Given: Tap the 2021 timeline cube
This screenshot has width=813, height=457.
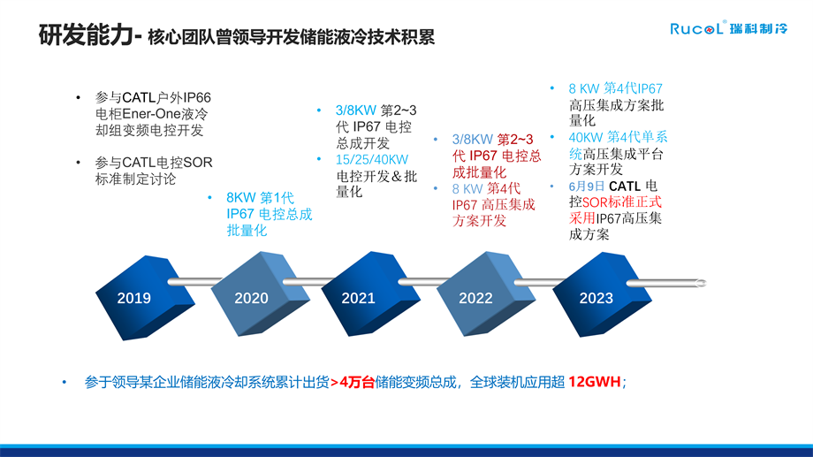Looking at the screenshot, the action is pos(370,294).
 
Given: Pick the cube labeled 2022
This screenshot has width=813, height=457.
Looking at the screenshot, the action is pos(486,294).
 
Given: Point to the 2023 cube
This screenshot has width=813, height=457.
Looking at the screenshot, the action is pos(602,294).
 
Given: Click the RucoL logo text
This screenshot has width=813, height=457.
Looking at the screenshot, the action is pos(696,28).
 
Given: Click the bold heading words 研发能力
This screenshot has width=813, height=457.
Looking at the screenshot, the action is pos(86,35).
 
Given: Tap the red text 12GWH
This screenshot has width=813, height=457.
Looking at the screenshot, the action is pos(595,382).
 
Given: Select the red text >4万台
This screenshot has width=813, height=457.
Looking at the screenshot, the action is pos(352,382).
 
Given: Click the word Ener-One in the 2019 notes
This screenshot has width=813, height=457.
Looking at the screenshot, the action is pos(151,114).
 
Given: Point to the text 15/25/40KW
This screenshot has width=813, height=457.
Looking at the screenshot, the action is pos(372,159).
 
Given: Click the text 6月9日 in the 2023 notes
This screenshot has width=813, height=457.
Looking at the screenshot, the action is pos(587,186).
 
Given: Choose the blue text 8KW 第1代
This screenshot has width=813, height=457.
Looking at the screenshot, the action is pos(261,198).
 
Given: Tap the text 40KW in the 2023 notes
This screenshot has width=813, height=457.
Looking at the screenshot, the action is pos(586,138).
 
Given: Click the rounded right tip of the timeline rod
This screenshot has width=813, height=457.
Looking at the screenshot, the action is pos(703,283).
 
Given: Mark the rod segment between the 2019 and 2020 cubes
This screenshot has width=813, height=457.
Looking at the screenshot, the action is pos(194,282).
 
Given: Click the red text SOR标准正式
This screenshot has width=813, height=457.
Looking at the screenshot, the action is pos(622,202).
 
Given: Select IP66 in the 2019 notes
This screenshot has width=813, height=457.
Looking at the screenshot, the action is pos(196,97).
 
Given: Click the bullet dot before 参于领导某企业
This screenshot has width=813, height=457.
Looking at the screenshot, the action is pos(65,382).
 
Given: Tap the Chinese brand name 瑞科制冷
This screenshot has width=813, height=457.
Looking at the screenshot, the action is pos(758,28).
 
